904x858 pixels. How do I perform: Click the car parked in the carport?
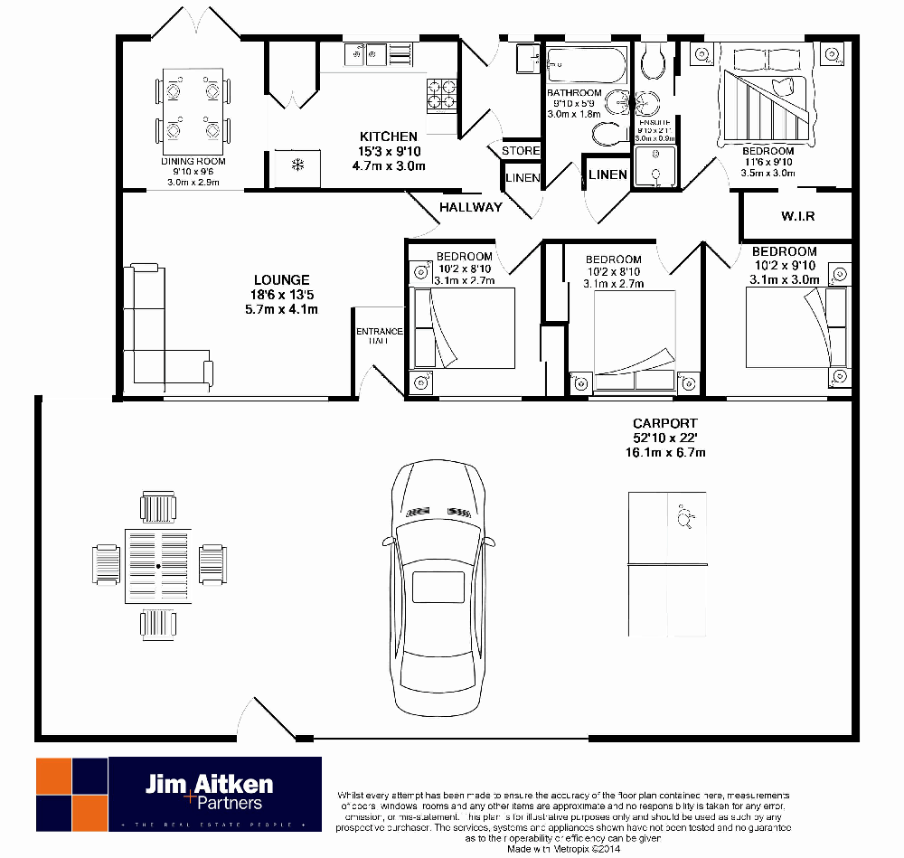pyautogui.click(x=438, y=588)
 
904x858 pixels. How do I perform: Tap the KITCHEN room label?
pyautogui.click(x=388, y=137)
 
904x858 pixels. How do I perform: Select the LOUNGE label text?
pyautogui.click(x=281, y=280)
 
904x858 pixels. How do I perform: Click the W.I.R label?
pyautogui.click(x=797, y=217)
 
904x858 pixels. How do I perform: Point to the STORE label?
pyautogui.click(x=520, y=150)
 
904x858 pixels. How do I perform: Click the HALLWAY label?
pyautogui.click(x=470, y=207)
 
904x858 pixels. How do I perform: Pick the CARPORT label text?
pyautogui.click(x=664, y=423)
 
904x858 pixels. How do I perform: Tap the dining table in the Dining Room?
pyautogui.click(x=192, y=113)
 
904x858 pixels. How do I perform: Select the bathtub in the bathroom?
pyautogui.click(x=586, y=65)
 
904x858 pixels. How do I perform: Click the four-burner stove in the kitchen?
pyautogui.click(x=441, y=90)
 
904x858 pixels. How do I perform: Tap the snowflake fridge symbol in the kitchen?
pyautogui.click(x=296, y=165)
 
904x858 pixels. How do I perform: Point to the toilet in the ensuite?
pyautogui.click(x=651, y=61)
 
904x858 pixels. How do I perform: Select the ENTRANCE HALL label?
pyautogui.click(x=379, y=336)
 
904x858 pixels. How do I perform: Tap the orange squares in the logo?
pyautogui.click(x=71, y=793)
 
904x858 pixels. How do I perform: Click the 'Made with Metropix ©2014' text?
pyautogui.click(x=565, y=850)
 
